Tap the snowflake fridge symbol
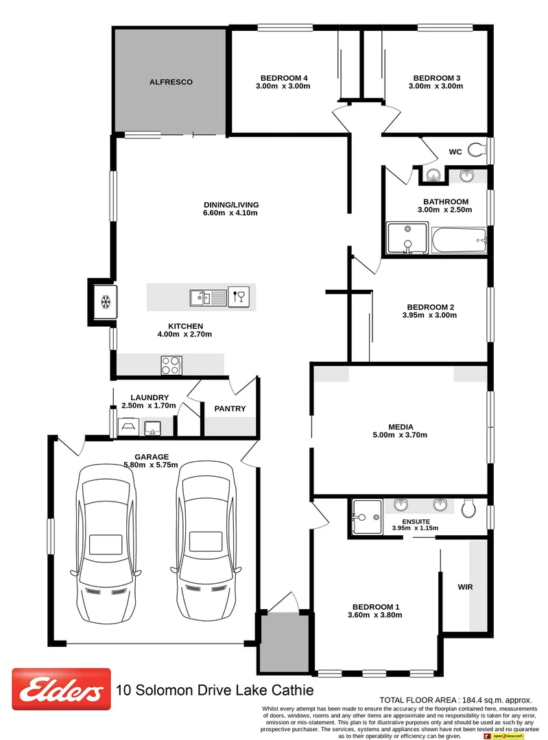coord(106,301)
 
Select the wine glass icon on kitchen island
coord(239,296)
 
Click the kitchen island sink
coord(208,297)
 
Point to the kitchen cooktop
coord(171,365)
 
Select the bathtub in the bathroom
coord(459,239)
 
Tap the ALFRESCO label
coord(171,82)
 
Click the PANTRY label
coord(230,409)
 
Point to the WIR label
coord(466,587)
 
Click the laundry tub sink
coord(153,428)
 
